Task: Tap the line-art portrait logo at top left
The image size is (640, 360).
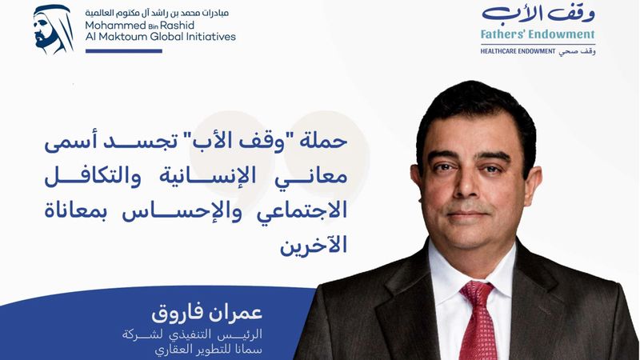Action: (54, 30)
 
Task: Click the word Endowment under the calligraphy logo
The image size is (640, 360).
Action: (564, 35)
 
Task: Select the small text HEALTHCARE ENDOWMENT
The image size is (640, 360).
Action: (519, 50)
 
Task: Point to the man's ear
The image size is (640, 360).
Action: (526, 184)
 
